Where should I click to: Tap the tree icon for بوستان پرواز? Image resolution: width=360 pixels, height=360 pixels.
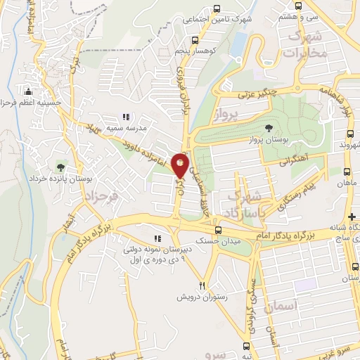point(269,127)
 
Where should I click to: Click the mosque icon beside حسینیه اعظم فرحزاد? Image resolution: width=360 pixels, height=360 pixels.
point(28,91)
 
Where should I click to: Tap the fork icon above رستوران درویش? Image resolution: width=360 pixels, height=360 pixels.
point(202,285)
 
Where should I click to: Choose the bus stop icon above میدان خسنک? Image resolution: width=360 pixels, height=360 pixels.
point(218,230)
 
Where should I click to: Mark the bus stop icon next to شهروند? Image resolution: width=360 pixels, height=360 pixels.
point(349,134)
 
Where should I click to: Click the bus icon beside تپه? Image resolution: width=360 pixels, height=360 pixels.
point(246,346)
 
